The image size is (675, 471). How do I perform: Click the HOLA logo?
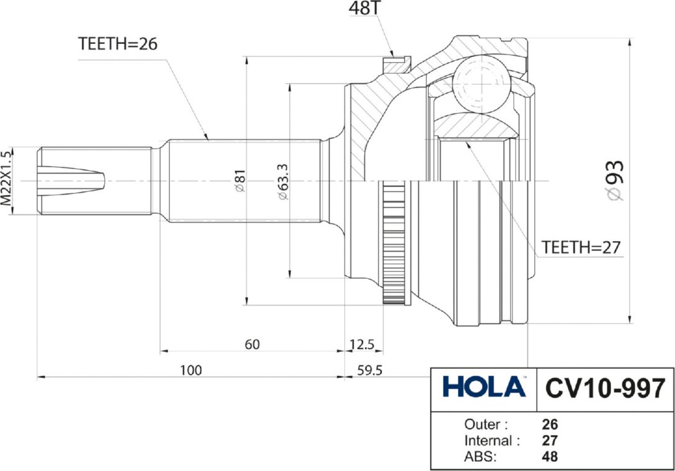(x=484, y=388)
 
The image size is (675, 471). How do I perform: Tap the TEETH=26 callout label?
(x=118, y=43)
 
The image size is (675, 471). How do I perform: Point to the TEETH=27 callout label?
(x=581, y=247)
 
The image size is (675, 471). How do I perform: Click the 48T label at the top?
(x=366, y=9)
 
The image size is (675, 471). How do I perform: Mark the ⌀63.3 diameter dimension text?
(x=282, y=181)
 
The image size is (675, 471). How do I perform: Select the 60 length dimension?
(x=251, y=345)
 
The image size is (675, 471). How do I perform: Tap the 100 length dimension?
(x=191, y=370)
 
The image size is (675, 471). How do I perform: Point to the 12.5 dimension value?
(x=363, y=345)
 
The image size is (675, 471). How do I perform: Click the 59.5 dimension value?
(x=370, y=370)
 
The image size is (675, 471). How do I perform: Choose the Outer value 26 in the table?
(x=550, y=425)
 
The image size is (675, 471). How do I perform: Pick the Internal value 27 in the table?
(x=550, y=441)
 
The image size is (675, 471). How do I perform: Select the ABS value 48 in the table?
(x=550, y=457)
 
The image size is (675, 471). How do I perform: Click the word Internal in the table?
(x=488, y=441)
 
